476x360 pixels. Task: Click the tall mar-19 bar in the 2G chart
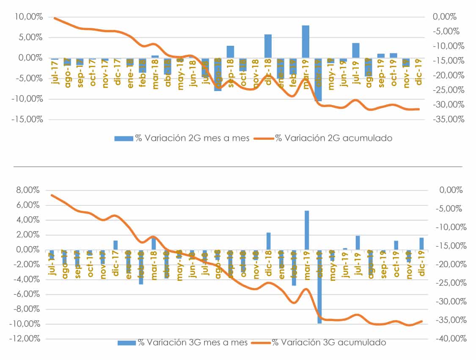point(305,42)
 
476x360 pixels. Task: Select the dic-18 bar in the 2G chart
point(268,46)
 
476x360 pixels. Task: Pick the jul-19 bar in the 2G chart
point(356,50)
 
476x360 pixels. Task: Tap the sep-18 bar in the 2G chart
point(230,52)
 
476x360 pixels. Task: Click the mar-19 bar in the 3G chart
point(307,230)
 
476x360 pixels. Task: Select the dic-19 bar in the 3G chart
point(421,244)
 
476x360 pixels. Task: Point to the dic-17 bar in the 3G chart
point(115,245)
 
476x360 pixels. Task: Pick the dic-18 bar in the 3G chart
point(268,241)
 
